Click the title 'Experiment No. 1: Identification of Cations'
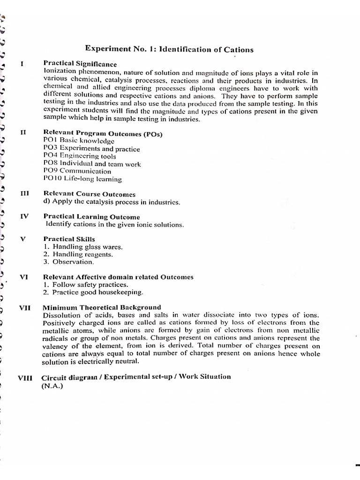point(169,49)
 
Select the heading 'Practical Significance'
point(80,64)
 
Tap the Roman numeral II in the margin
point(23,133)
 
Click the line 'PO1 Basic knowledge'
point(78,141)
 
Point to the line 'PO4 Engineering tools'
point(80,156)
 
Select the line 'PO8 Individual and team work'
point(92,164)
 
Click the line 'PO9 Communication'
point(77,172)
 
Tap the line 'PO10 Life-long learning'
point(82,179)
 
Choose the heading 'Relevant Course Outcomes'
point(90,194)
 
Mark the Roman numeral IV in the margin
point(24,217)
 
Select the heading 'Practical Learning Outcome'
point(92,217)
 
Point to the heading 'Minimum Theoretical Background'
point(102,307)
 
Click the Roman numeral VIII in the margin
point(24,378)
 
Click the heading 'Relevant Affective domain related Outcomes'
point(118,277)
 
